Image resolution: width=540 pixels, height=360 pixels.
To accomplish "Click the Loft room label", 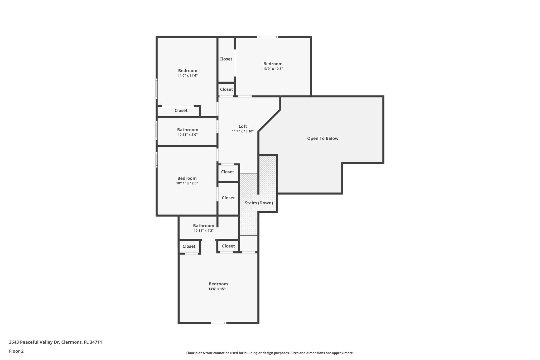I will tap(243, 126).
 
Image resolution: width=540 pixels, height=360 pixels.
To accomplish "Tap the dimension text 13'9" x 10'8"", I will tap(273, 69).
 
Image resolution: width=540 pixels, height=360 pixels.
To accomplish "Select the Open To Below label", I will tap(322, 138).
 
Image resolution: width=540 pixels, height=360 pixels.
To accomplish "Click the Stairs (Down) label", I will tap(259, 203).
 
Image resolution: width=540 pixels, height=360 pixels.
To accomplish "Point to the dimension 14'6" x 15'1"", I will tap(218, 289).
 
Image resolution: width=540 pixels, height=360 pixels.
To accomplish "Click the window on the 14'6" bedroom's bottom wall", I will tap(218, 323).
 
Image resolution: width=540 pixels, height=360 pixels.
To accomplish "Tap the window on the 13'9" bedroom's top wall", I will tap(268, 37).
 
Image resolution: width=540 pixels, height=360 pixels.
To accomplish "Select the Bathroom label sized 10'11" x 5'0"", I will tap(187, 130).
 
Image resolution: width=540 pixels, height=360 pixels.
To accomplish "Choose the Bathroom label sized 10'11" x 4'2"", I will tap(204, 226).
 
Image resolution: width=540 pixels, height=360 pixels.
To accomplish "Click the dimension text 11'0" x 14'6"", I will tap(187, 76).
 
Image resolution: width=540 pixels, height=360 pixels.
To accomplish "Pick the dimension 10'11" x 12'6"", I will tap(187, 183).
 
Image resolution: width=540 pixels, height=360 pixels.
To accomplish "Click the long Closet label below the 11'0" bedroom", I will tap(181, 111).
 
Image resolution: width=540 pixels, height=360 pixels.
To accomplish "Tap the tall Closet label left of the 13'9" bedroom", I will tap(226, 59).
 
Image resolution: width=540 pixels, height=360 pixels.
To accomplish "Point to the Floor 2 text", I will tap(16, 351).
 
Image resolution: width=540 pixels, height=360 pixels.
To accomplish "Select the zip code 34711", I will tap(96, 342).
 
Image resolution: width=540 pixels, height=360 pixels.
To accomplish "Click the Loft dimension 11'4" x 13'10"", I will tap(243, 131).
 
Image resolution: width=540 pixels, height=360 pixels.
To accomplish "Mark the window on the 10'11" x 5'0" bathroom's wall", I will tap(157, 130).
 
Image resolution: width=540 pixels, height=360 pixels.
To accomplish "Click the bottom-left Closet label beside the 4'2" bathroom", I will tap(189, 246).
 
